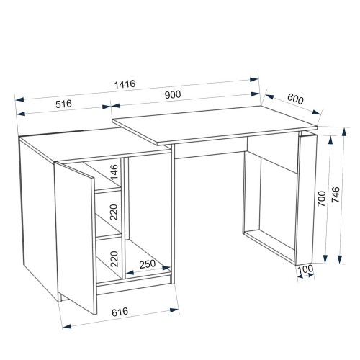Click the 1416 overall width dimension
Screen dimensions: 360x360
(125, 84)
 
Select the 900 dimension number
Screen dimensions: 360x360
(173, 95)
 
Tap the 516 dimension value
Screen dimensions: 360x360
(63, 104)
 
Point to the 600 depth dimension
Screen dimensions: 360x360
(295, 99)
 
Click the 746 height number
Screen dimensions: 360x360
(336, 194)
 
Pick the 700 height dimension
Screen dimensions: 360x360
(322, 199)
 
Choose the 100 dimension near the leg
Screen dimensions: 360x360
(305, 269)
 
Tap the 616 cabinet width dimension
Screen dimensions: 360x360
(120, 312)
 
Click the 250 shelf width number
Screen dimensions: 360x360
(148, 264)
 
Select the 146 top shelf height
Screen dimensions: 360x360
(114, 172)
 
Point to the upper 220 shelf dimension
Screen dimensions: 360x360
(114, 212)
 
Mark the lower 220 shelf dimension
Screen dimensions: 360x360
(114, 259)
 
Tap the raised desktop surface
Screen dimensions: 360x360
(215, 125)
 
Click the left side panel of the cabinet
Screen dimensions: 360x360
(38, 216)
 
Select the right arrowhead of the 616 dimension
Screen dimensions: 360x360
(174, 310)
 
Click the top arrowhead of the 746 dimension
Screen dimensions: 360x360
(344, 132)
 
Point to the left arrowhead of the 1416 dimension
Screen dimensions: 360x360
(20, 99)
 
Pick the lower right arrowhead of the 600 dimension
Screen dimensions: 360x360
(316, 112)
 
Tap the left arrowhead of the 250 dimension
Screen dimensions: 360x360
(130, 272)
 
